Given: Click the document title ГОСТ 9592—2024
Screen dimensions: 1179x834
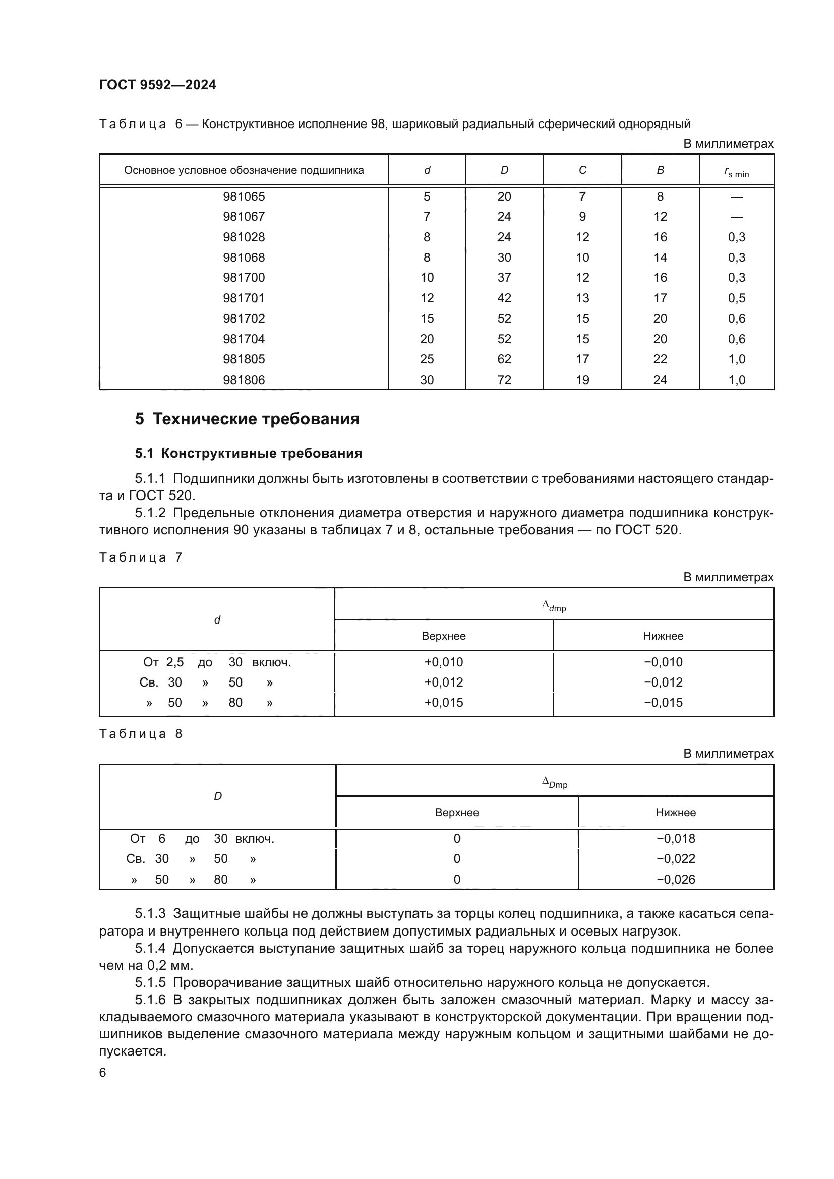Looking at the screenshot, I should pyautogui.click(x=157, y=85).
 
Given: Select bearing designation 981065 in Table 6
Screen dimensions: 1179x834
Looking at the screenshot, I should pyautogui.click(x=244, y=196).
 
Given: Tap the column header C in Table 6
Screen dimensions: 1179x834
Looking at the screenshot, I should pyautogui.click(x=582, y=170).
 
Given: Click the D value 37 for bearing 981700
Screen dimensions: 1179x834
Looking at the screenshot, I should pyautogui.click(x=504, y=277).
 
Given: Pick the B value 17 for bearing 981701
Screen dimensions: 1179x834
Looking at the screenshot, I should pyautogui.click(x=660, y=298).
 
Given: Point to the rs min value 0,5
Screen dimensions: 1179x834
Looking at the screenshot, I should pyautogui.click(x=736, y=298).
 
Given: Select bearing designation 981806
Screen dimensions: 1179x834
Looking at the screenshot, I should pyautogui.click(x=244, y=380).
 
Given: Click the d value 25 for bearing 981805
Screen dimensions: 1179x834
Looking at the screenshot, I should pyautogui.click(x=427, y=359).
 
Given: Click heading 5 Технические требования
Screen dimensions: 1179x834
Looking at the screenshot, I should pyautogui.click(x=247, y=419).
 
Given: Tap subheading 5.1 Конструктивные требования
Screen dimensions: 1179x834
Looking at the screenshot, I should pyautogui.click(x=249, y=453).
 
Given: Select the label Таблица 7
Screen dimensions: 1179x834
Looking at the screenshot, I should pyautogui.click(x=140, y=557).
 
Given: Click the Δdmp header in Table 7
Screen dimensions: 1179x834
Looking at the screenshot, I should pyautogui.click(x=554, y=606).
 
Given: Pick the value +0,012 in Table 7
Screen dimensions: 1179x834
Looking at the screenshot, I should pyautogui.click(x=443, y=682).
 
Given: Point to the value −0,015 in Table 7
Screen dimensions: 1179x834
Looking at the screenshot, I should pyautogui.click(x=663, y=702).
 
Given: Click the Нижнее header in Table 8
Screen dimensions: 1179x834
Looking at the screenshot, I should pyautogui.click(x=675, y=812).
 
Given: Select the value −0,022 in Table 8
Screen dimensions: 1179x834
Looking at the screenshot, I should pyautogui.click(x=675, y=858).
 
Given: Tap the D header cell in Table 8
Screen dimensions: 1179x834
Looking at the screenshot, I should pyautogui.click(x=218, y=796).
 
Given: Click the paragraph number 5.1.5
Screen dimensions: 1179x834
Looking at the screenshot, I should pyautogui.click(x=150, y=982).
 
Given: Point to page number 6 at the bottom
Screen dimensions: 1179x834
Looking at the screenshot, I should pyautogui.click(x=103, y=1072).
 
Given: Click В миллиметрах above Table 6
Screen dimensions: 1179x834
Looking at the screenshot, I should pyautogui.click(x=728, y=143).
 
